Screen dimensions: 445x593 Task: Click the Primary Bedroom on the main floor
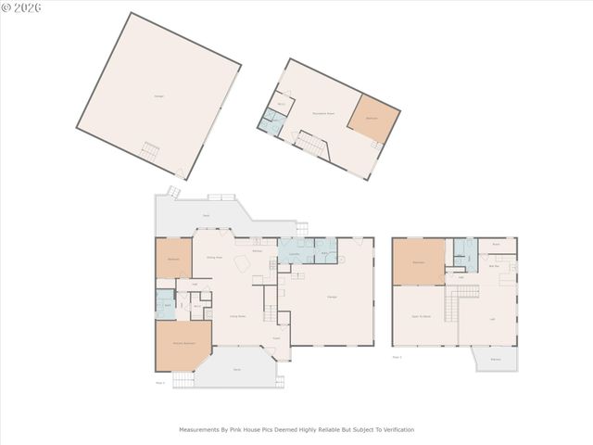(183, 345)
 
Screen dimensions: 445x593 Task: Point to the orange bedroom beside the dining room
(172, 259)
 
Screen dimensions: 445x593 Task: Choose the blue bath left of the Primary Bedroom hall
(165, 304)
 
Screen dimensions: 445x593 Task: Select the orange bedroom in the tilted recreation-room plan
(373, 118)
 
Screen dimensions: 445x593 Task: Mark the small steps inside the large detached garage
(150, 149)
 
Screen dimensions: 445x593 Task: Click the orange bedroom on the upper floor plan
(419, 261)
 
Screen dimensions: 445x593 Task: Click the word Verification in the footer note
(396, 429)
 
